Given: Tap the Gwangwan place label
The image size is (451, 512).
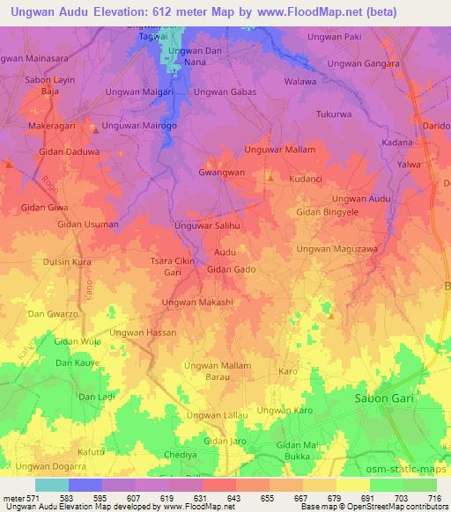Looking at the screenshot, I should (221, 172).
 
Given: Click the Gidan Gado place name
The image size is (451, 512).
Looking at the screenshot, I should (231, 268).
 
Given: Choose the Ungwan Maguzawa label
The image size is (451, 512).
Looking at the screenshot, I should (336, 249).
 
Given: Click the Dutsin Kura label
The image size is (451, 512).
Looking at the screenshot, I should (68, 262).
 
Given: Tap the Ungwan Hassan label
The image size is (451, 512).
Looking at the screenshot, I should (144, 333).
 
